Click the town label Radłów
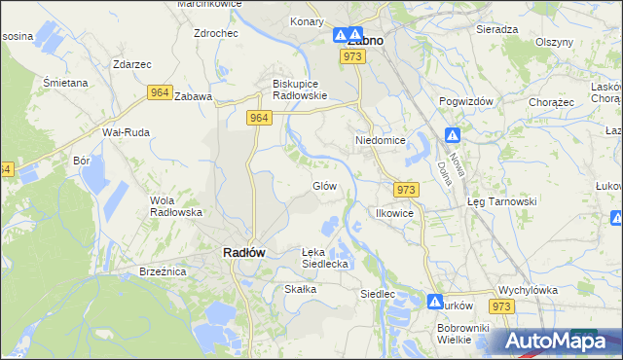click(x=238, y=252)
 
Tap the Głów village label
click(x=324, y=186)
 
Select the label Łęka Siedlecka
click(x=324, y=258)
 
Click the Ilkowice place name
click(x=396, y=212)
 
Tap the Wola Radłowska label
click(x=175, y=206)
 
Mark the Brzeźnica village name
click(x=163, y=271)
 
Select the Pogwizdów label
click(x=468, y=101)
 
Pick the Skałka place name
click(x=301, y=289)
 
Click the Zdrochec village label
click(x=216, y=32)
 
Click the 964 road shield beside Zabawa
click(x=161, y=92)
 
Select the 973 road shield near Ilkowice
click(x=407, y=189)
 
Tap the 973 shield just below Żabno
click(x=352, y=57)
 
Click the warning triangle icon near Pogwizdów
click(x=453, y=135)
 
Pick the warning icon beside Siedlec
click(x=434, y=302)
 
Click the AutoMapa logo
click(x=559, y=342)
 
